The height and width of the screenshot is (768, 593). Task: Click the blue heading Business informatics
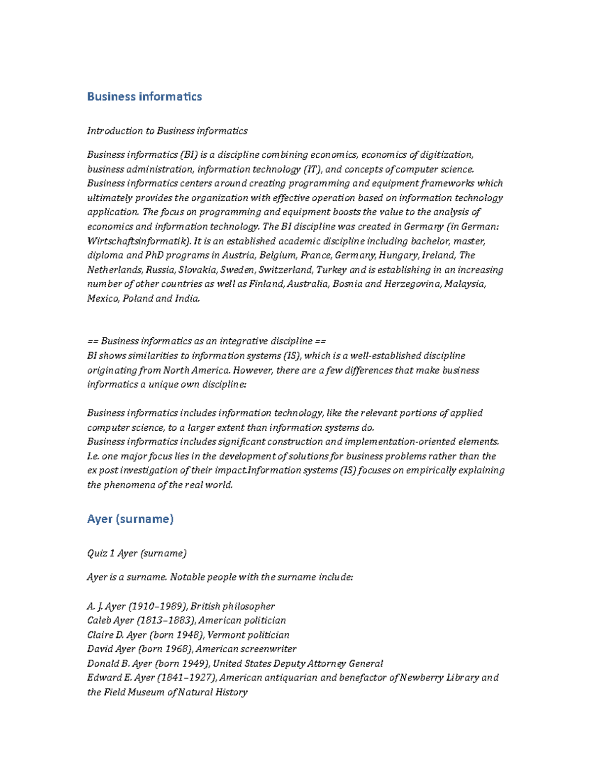[144, 96]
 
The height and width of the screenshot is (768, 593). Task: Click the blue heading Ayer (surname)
[130, 519]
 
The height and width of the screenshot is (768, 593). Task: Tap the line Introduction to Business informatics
[167, 131]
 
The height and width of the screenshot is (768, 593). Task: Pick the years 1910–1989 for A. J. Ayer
[158, 606]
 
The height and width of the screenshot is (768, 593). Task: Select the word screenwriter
[271, 649]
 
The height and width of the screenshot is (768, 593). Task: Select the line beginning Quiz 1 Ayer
[137, 553]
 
